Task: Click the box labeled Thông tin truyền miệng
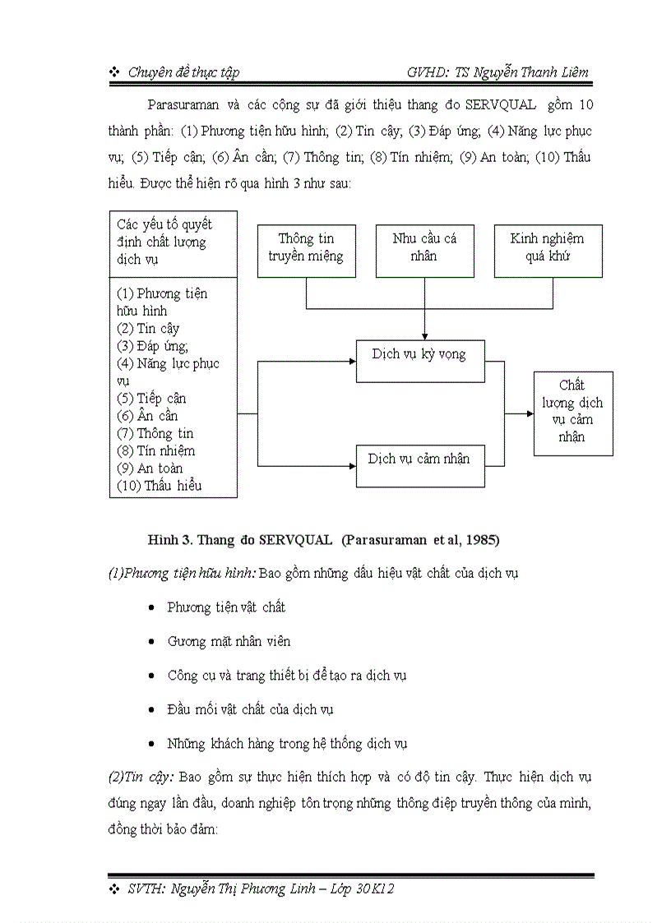click(306, 247)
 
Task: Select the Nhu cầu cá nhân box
click(424, 247)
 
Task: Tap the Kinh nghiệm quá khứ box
click(547, 247)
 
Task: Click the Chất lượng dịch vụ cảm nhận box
click(572, 411)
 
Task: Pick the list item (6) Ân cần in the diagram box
click(147, 416)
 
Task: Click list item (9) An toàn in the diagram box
click(150, 468)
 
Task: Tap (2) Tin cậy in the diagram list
click(148, 329)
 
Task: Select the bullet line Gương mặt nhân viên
click(228, 641)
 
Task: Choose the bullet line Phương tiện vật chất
click(226, 607)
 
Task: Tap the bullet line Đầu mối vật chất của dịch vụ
click(249, 709)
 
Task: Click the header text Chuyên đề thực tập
click(183, 72)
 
